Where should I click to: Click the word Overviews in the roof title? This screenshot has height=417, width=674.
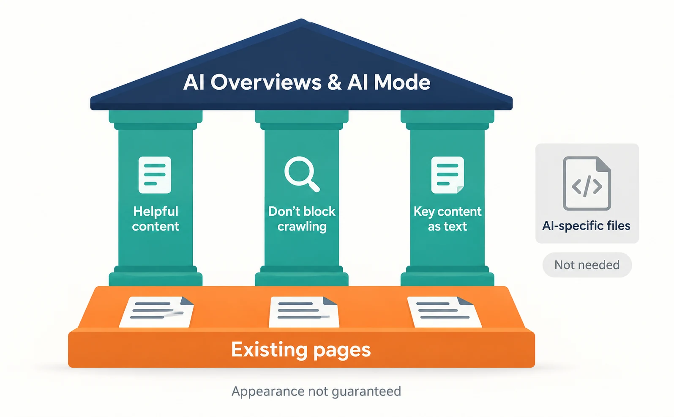tap(266, 82)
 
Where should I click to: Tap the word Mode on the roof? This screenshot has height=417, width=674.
tap(402, 82)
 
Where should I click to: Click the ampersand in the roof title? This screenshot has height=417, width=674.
tap(334, 82)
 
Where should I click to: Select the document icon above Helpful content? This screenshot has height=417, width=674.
tap(155, 175)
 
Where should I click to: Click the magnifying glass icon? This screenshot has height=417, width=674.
tap(301, 174)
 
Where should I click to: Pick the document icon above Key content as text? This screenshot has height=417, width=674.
tap(448, 175)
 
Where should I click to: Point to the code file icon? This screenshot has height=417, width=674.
tap(587, 183)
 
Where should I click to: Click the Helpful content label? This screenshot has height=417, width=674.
tap(156, 219)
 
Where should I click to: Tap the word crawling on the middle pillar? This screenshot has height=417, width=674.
tap(302, 227)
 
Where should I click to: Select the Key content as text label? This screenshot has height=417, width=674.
tap(448, 219)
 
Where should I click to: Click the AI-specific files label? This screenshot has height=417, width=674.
tap(586, 226)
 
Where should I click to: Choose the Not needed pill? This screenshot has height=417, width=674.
tap(587, 265)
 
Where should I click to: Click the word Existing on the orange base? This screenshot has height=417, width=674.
tap(269, 350)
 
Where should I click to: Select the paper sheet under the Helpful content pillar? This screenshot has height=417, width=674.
tap(156, 312)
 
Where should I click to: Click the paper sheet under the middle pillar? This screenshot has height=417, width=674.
tap(304, 312)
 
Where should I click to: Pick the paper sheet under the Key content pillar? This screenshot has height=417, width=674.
tap(445, 312)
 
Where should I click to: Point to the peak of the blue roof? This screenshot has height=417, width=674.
tap(301, 20)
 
